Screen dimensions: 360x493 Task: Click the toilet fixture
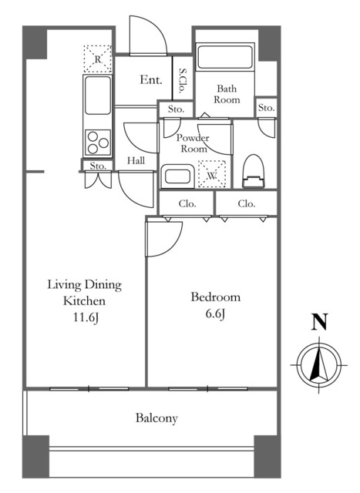click(253, 171)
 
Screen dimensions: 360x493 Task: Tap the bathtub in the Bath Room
click(224, 57)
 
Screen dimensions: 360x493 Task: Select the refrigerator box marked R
click(98, 59)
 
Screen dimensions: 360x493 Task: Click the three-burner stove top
click(98, 143)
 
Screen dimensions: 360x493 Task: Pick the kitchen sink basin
click(98, 96)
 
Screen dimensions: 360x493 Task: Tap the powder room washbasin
click(177, 176)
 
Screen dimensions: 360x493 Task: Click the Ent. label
click(151, 79)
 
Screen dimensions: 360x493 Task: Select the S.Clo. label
click(182, 81)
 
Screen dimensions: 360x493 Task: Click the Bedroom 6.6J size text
click(215, 314)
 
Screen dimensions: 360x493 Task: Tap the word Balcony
click(156, 418)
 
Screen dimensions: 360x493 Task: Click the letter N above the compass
click(319, 322)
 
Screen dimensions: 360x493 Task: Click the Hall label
click(136, 161)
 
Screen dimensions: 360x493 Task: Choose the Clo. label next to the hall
click(187, 203)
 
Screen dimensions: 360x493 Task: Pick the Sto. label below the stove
click(98, 166)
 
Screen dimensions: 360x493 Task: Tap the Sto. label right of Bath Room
click(266, 108)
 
